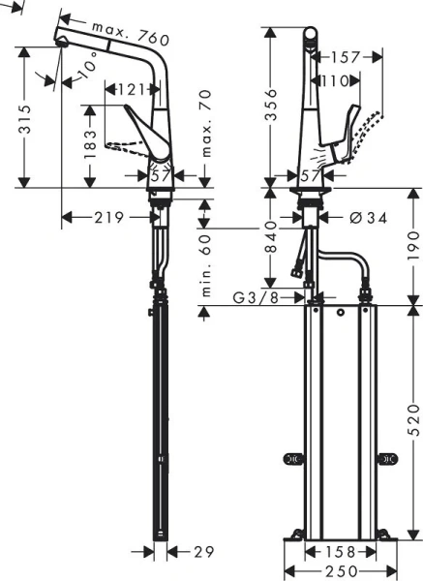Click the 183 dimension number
(89, 144)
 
